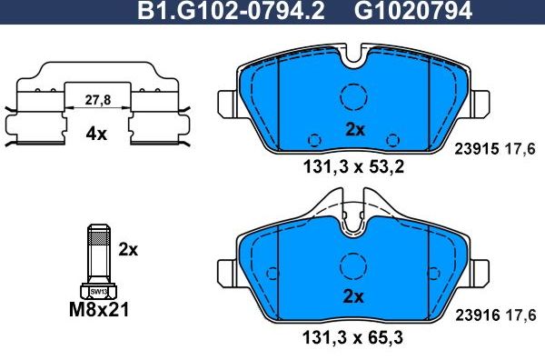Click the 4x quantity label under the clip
[95, 134]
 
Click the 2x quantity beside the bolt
[127, 248]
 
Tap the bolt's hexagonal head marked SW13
[97, 290]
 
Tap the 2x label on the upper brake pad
[354, 130]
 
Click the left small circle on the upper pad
[315, 140]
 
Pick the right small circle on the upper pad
[393, 140]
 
